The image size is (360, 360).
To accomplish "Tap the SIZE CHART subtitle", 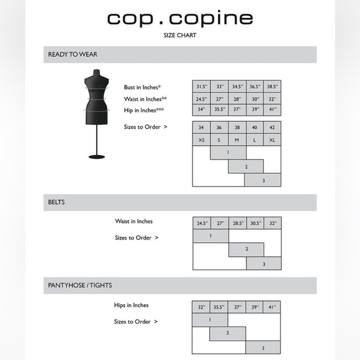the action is point(179,35).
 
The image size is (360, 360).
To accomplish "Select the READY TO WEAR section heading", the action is point(73,55).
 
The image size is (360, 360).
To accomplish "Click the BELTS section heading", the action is point(56,202).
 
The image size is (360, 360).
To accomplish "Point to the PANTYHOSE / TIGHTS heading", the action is point(80,286).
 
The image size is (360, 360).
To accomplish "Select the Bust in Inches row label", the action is point(142,88).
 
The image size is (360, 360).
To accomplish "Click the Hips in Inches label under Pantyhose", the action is point(132,305).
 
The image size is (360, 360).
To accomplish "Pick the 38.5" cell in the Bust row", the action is point(272,88).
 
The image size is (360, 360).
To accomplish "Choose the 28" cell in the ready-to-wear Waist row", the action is point(236,99).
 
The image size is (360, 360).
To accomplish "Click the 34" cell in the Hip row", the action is point(201,110).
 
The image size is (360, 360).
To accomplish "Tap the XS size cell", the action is point(201,140).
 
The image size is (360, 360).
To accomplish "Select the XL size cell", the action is point(272,140).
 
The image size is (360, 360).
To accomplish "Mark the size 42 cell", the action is point(272,128).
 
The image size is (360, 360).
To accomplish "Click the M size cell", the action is point(236,140).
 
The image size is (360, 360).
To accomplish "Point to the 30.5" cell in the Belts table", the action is point(254,222).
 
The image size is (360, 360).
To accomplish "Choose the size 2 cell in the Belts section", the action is point(246,249).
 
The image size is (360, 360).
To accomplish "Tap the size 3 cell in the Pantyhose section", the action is point(263,348).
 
